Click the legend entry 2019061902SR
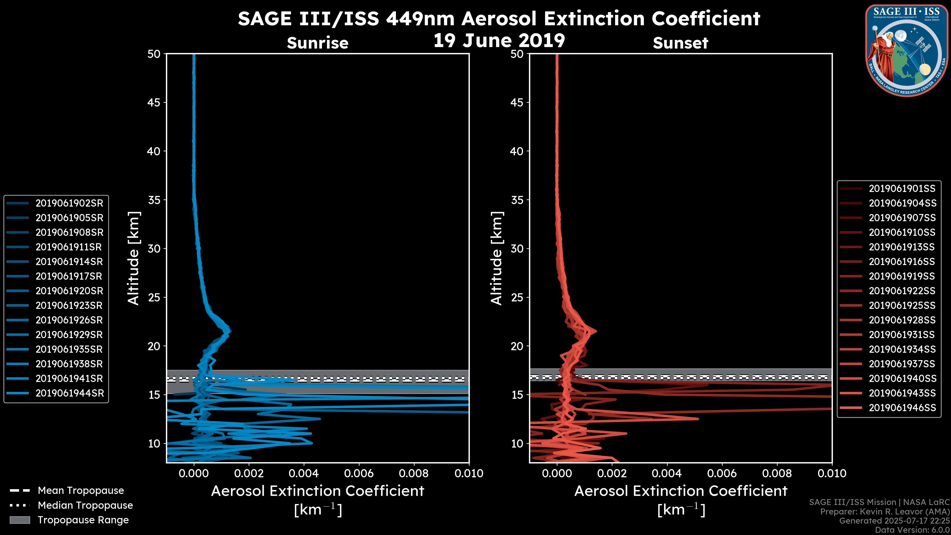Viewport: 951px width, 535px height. pyautogui.click(x=69, y=203)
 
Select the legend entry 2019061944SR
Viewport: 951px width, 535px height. pyautogui.click(x=69, y=393)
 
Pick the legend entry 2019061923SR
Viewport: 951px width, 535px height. pyautogui.click(x=69, y=306)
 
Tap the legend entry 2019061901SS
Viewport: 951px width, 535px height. pyautogui.click(x=902, y=189)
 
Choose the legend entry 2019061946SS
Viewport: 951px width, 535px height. pyautogui.click(x=902, y=408)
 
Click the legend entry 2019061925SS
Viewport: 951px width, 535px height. pyautogui.click(x=902, y=306)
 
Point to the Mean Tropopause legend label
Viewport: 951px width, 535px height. pyautogui.click(x=81, y=491)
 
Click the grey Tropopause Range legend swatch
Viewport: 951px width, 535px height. pyautogui.click(x=20, y=520)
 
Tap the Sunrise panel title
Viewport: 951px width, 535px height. pyautogui.click(x=317, y=43)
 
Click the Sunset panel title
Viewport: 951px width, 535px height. pyautogui.click(x=680, y=43)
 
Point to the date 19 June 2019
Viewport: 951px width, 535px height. pyautogui.click(x=499, y=41)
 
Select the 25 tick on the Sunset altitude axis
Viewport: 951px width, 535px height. pyautogui.click(x=517, y=297)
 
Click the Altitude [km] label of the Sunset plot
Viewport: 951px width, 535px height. pyautogui.click(x=497, y=258)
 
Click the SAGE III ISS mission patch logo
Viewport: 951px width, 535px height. pyautogui.click(x=907, y=50)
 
